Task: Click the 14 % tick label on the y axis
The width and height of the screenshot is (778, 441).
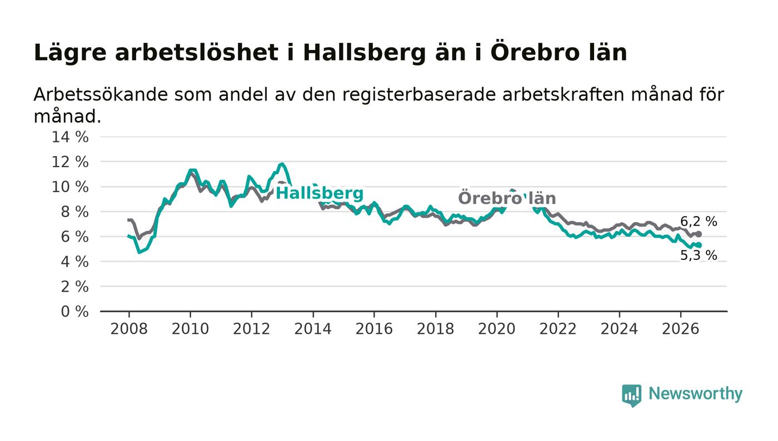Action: pyautogui.click(x=70, y=137)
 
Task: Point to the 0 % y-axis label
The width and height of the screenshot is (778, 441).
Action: pyautogui.click(x=74, y=312)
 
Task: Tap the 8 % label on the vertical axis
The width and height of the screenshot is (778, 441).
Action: pyautogui.click(x=74, y=212)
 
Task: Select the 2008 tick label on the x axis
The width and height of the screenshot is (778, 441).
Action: pyautogui.click(x=129, y=329)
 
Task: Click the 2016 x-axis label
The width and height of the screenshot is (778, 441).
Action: pyautogui.click(x=374, y=329)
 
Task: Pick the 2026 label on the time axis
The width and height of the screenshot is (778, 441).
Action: pyautogui.click(x=680, y=329)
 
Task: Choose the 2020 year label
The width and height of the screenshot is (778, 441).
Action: pyautogui.click(x=497, y=329)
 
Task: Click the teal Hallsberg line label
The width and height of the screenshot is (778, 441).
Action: pyautogui.click(x=320, y=193)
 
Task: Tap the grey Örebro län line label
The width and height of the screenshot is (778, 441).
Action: pyautogui.click(x=507, y=198)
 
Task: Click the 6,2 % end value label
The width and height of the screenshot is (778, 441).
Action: pyautogui.click(x=699, y=221)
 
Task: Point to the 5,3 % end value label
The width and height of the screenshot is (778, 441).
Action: pyautogui.click(x=699, y=255)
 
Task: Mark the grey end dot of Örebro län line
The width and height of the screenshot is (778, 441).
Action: pyautogui.click(x=699, y=234)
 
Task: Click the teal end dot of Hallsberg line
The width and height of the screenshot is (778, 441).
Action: pyautogui.click(x=699, y=245)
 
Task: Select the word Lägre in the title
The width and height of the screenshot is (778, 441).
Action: pyautogui.click(x=70, y=53)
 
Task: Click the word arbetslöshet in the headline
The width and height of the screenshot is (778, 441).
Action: pyautogui.click(x=197, y=52)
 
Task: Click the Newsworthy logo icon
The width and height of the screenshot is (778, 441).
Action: pyautogui.click(x=631, y=395)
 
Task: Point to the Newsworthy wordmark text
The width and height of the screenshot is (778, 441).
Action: pyautogui.click(x=695, y=394)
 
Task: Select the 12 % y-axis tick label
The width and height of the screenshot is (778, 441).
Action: pyautogui.click(x=70, y=162)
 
